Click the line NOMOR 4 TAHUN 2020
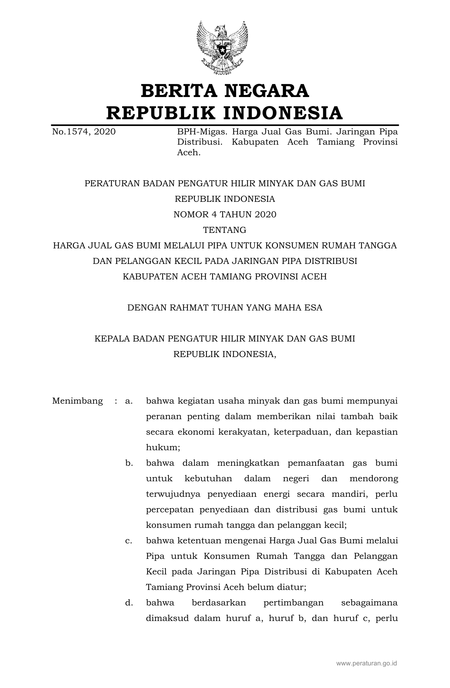[225, 215]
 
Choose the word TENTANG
[225, 230]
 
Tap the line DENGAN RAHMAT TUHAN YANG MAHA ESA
[225, 308]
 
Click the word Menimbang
[77, 401]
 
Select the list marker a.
[129, 401]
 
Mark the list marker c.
[129, 541]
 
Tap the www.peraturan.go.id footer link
[366, 664]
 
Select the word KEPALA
[112, 339]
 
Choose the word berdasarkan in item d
[219, 603]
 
